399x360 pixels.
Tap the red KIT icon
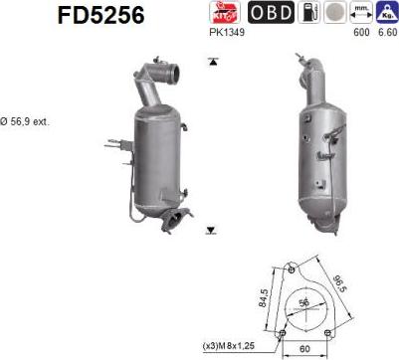(223, 13)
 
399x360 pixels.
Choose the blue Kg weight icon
(385, 13)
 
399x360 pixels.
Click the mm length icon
(362, 13)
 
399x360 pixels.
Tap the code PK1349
(227, 32)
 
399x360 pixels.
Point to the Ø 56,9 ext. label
(25, 121)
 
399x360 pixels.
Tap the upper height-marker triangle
(212, 62)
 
